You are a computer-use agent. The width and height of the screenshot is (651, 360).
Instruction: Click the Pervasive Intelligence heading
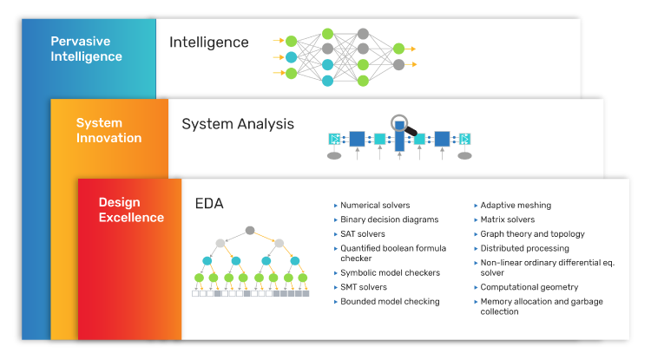tap(86, 49)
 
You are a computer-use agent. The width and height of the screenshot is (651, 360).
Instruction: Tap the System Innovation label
tap(108, 130)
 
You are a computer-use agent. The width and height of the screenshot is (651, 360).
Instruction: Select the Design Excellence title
tap(131, 209)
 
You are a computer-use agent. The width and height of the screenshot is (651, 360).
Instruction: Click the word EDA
tap(209, 203)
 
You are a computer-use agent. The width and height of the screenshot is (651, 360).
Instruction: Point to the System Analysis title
tap(238, 124)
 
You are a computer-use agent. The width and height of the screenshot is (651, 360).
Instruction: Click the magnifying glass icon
tap(403, 125)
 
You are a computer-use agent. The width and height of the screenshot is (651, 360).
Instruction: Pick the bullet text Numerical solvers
tap(375, 205)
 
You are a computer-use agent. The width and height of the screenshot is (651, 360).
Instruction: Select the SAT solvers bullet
tap(363, 234)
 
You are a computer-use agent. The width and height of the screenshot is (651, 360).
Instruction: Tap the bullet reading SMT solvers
tap(364, 287)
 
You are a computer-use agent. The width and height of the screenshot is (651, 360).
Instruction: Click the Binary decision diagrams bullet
tap(390, 219)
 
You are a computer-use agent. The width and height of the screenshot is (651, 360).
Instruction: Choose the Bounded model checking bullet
tap(390, 302)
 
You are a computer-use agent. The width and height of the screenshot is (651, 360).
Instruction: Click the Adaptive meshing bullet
tap(516, 205)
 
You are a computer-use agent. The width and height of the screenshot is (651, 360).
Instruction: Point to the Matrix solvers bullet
tap(508, 219)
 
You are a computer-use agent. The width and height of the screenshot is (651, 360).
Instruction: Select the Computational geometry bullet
tap(529, 287)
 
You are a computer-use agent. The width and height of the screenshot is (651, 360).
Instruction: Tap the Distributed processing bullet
tap(524, 248)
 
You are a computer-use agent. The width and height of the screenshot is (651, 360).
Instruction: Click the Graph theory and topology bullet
tap(532, 234)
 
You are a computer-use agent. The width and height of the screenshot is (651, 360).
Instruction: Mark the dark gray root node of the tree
tap(250, 230)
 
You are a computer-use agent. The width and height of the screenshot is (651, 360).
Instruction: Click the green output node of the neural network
tap(398, 49)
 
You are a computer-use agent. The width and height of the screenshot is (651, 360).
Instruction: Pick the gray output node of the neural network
tap(398, 65)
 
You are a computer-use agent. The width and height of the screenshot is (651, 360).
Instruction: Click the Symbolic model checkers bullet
tap(390, 273)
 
